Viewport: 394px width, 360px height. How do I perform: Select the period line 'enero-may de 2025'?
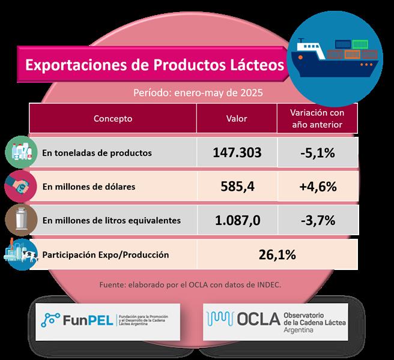pyautogui.click(x=197, y=93)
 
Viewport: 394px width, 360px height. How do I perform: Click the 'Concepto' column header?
pyautogui.click(x=113, y=118)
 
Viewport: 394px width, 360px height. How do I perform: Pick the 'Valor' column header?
pyautogui.click(x=237, y=118)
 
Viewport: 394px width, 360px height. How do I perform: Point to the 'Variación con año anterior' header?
pyautogui.click(x=316, y=118)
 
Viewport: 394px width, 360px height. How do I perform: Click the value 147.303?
pyautogui.click(x=237, y=152)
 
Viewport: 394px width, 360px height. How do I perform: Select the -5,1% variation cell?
pyautogui.click(x=317, y=152)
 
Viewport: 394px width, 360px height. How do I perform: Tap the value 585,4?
pyautogui.click(x=237, y=186)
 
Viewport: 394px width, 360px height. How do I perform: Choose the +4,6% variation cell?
pyautogui.click(x=317, y=186)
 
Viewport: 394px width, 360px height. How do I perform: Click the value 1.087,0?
pyautogui.click(x=237, y=220)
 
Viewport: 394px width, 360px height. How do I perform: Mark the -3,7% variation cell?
pyautogui.click(x=317, y=220)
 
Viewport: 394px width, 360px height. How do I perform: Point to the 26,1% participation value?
pyautogui.click(x=277, y=254)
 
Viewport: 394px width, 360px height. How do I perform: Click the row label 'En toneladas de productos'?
pyautogui.click(x=97, y=153)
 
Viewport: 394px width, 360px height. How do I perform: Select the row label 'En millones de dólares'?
pyautogui.click(x=89, y=187)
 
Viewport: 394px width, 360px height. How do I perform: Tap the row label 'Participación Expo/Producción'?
pyautogui.click(x=106, y=255)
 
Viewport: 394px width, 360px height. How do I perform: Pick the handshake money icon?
pyautogui.click(x=17, y=185)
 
